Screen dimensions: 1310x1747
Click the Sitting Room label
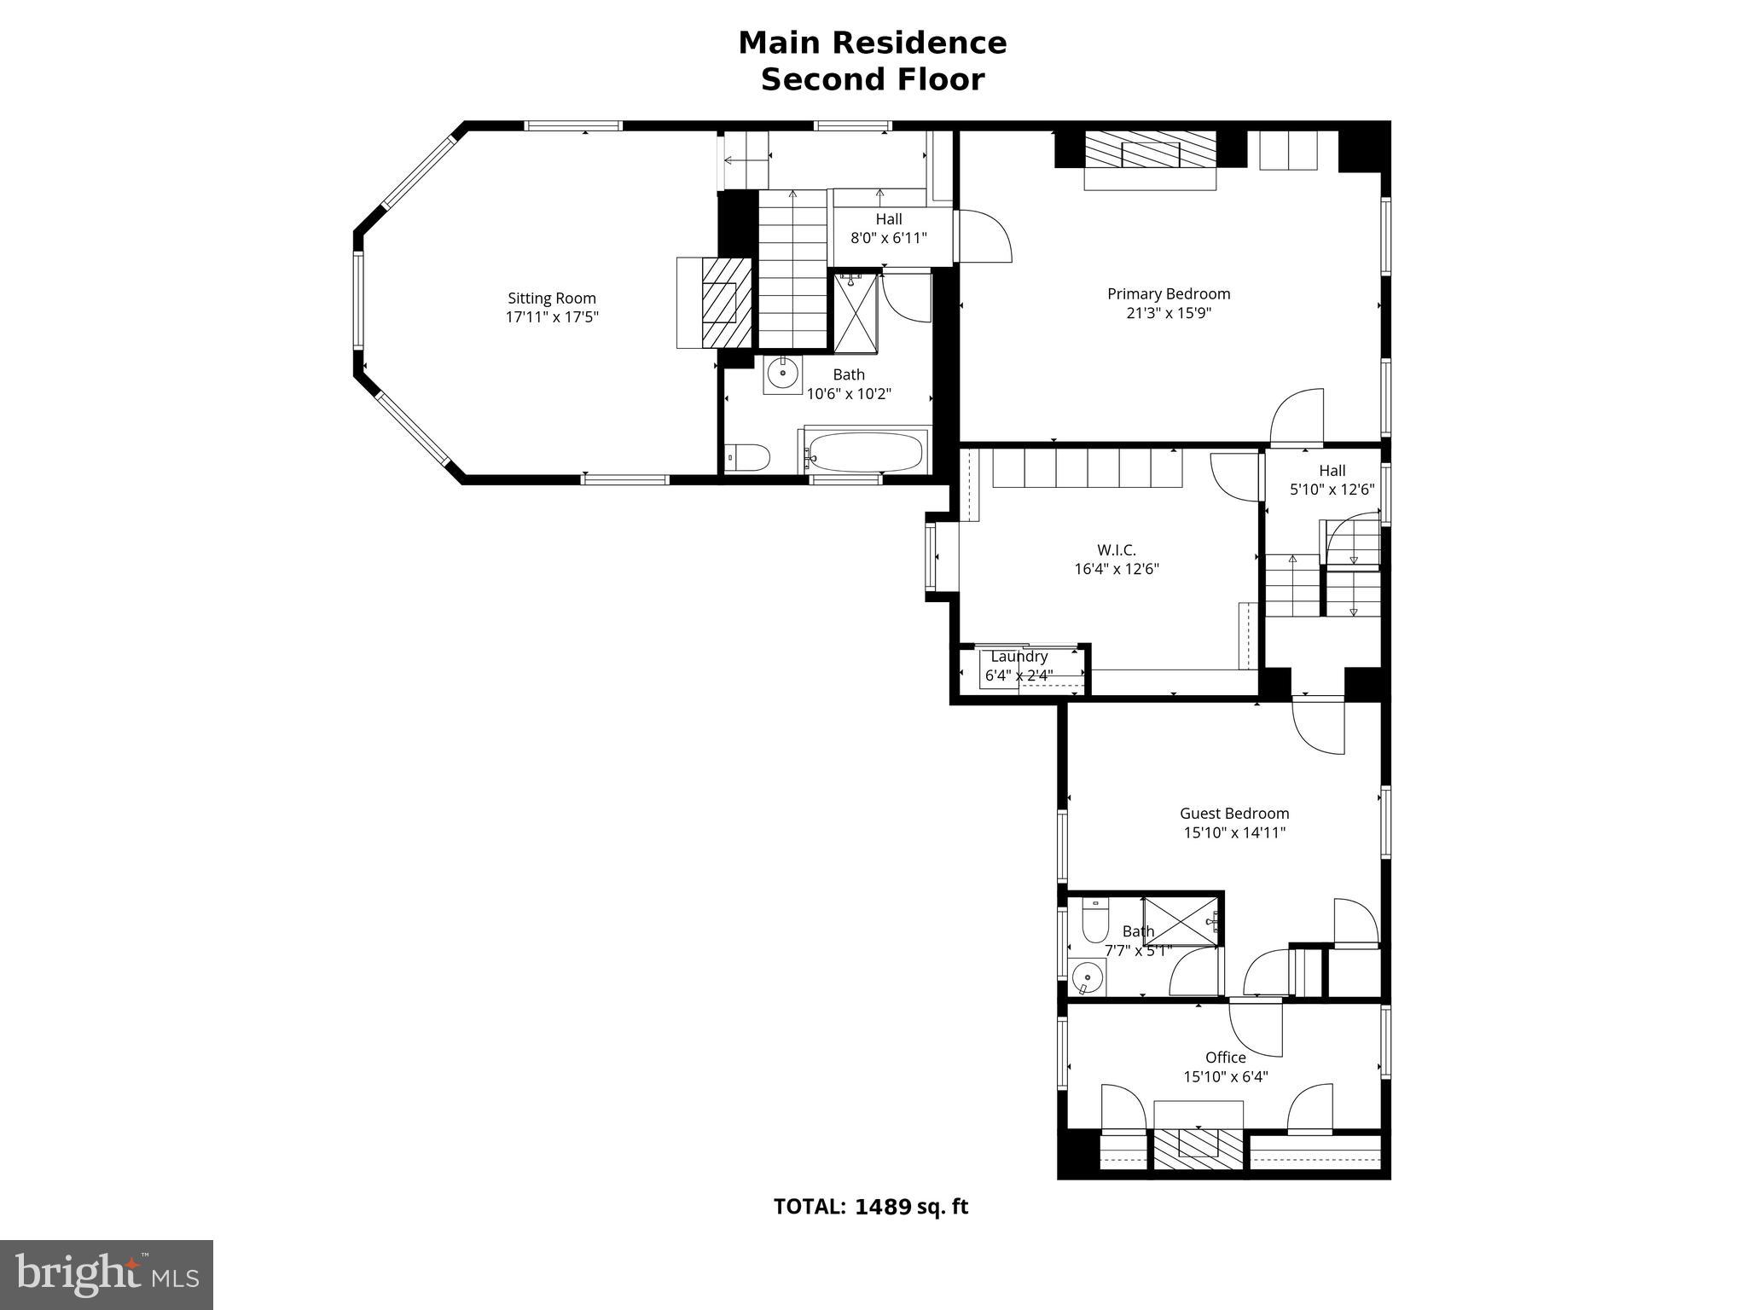pos(551,299)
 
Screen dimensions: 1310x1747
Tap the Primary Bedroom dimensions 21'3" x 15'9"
pos(1169,313)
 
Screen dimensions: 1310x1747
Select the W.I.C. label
pos(1117,550)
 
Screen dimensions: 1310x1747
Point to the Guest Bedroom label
pos(1234,814)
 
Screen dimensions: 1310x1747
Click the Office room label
pos(1226,1058)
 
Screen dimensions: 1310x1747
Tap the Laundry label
pos(1019,657)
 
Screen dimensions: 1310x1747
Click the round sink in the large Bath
pos(782,373)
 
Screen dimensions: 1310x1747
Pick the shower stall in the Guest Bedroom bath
pos(1181,921)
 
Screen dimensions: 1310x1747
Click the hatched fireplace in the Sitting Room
pos(727,303)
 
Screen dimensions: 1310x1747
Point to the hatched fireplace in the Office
pos(1198,1149)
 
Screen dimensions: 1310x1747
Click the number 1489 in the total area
pos(883,1207)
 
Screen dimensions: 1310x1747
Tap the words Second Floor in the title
pos(873,79)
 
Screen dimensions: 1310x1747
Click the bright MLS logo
pos(107,1275)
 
